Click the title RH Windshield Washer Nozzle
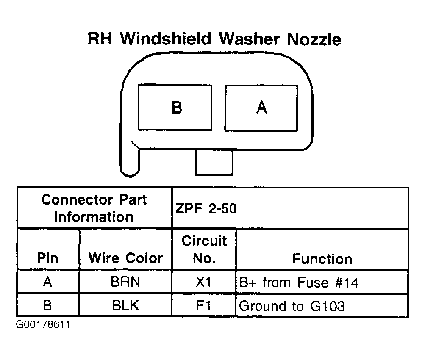(x=214, y=39)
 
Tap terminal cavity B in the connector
(x=175, y=108)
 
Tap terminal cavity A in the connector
(x=261, y=108)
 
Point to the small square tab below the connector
(x=214, y=163)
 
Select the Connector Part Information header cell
(x=94, y=208)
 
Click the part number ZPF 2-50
(x=206, y=208)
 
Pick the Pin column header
(x=48, y=258)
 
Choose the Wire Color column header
(x=125, y=258)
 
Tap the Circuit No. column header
(x=204, y=249)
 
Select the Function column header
(x=322, y=259)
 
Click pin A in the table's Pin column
(x=47, y=282)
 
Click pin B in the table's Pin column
(x=47, y=305)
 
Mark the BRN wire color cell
(x=125, y=282)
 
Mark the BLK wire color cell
(x=125, y=305)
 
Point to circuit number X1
(x=203, y=282)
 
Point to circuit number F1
(x=203, y=305)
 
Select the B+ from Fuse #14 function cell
(x=299, y=282)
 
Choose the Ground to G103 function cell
(x=292, y=306)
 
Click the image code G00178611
(x=43, y=324)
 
